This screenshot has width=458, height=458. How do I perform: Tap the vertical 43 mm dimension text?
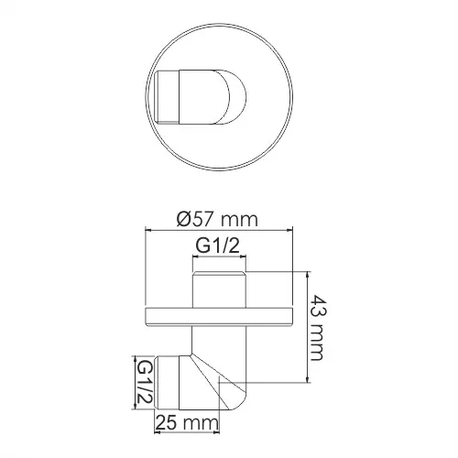click(x=318, y=328)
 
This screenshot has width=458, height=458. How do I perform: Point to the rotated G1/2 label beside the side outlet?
click(x=143, y=382)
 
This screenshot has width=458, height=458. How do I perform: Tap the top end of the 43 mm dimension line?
click(x=306, y=272)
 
